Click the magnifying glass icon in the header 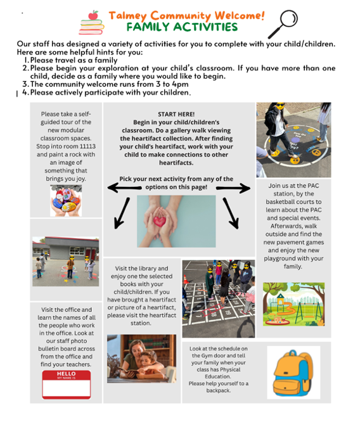[x=283, y=23]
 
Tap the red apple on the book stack [x=93, y=15]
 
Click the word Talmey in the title [x=127, y=16]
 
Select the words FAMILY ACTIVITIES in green [x=182, y=27]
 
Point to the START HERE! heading [x=176, y=114]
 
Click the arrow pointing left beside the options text [x=124, y=188]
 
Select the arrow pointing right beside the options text [x=233, y=188]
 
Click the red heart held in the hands [x=160, y=221]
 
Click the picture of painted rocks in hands [x=66, y=200]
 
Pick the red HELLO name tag [x=67, y=385]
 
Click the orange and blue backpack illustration [x=293, y=373]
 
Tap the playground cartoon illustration [x=293, y=304]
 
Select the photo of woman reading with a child [x=141, y=359]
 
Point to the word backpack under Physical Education [x=219, y=390]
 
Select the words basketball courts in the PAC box [x=293, y=201]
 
